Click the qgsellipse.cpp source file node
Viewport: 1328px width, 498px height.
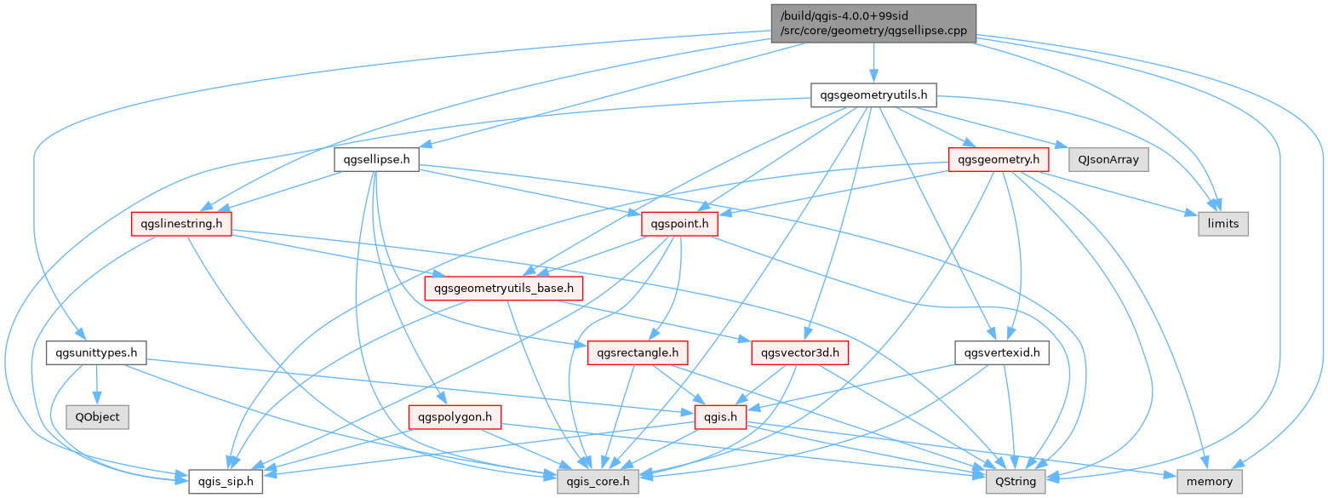873,25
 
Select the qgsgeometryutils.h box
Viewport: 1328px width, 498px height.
873,94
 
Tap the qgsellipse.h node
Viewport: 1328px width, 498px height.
375,159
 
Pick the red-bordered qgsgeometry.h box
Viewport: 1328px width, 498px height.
998,159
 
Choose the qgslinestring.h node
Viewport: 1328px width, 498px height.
182,224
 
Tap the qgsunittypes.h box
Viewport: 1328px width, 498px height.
96,352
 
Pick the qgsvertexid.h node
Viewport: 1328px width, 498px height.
1002,352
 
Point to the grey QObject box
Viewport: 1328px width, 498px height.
97,417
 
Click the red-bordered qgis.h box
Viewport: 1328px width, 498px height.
721,417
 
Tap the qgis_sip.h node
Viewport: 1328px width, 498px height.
226,482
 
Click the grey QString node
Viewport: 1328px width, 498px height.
1016,482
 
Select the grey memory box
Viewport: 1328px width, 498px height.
1210,482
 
